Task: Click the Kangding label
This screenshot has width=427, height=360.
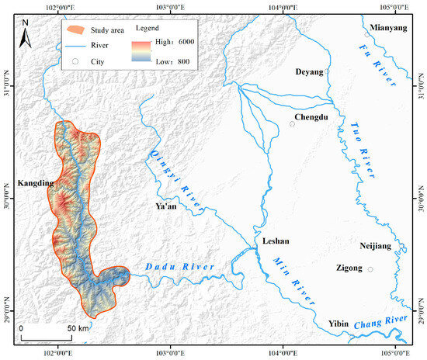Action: tap(33, 184)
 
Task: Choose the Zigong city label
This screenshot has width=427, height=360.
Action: tap(349, 269)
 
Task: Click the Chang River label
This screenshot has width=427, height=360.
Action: tap(380, 320)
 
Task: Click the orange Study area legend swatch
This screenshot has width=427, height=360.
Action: tap(75, 30)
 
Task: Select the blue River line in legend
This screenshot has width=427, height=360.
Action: tap(75, 45)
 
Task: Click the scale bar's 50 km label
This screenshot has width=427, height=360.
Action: tap(76, 328)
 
